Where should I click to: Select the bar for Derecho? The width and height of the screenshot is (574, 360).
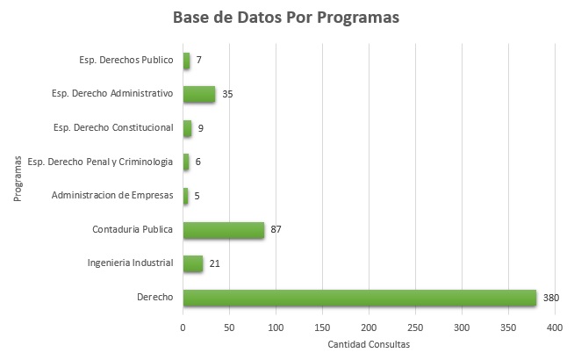[359, 298]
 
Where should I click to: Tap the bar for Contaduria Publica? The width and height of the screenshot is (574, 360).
[223, 230]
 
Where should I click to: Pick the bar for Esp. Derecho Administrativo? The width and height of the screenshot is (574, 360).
[198, 93]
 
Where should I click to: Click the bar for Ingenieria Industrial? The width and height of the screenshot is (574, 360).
[192, 263]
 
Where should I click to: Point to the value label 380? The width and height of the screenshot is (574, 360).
[551, 298]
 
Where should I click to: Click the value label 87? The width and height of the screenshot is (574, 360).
[276, 230]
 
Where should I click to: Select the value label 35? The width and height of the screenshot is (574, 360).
[226, 93]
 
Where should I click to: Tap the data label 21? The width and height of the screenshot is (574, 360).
[214, 263]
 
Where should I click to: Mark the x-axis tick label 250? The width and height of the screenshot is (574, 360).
[415, 327]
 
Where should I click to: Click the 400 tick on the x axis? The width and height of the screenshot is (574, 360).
[555, 327]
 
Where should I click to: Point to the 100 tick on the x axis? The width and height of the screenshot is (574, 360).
[276, 327]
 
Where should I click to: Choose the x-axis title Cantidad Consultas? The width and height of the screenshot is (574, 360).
[368, 343]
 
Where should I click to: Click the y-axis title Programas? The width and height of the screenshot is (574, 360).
[18, 179]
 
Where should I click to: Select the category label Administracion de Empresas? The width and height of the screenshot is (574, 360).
[112, 195]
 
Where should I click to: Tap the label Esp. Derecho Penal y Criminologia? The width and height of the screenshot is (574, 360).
[101, 162]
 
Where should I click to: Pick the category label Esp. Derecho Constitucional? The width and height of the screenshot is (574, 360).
[113, 127]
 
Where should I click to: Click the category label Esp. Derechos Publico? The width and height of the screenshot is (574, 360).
[126, 60]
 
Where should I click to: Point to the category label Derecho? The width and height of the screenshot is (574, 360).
[154, 298]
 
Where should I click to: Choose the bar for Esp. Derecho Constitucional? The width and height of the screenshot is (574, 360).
[187, 128]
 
